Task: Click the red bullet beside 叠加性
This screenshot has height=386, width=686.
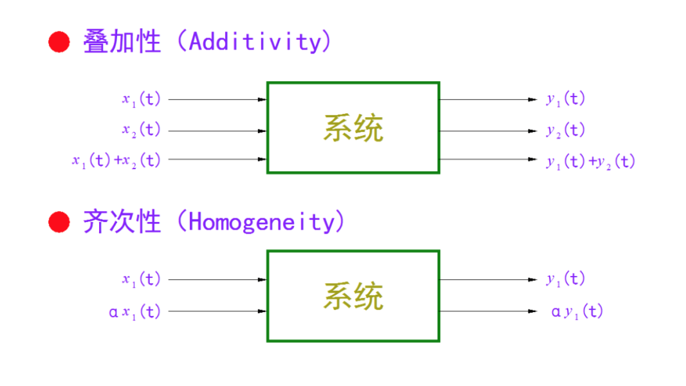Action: tap(59, 42)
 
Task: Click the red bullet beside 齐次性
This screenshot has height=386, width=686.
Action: tap(59, 223)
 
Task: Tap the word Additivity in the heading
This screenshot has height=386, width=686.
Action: tap(254, 42)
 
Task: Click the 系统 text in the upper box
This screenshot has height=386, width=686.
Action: tap(353, 128)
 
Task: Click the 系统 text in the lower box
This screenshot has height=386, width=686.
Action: tap(353, 296)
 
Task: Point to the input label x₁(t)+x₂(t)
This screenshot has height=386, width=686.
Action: tap(116, 160)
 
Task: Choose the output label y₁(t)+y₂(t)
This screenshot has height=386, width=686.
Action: tap(590, 161)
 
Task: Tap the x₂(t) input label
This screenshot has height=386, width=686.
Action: tap(141, 130)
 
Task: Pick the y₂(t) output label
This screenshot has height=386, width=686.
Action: tap(566, 131)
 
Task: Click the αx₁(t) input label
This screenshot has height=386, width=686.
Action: tap(135, 312)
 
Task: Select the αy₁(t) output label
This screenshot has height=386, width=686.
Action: tap(577, 312)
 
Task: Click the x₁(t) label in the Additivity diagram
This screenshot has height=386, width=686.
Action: tap(141, 100)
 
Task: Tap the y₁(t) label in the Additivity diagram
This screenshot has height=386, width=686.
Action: tap(566, 100)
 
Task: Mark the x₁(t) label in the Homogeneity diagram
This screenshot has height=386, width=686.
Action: tap(141, 280)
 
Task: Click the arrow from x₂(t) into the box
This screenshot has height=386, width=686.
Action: tap(217, 131)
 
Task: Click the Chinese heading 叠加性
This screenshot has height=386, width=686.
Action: tap(122, 42)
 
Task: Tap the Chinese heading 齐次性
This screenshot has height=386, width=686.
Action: tap(122, 223)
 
